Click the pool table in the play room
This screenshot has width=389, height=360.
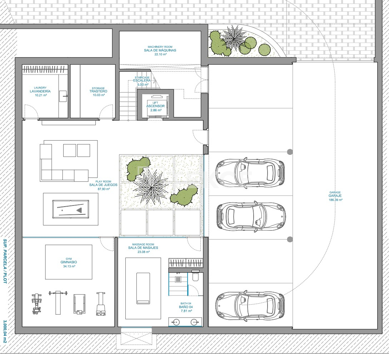[71, 209]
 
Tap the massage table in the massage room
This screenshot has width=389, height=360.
[143, 288]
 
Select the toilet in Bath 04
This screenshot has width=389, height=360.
[195, 276]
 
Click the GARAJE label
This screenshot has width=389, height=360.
[335, 196]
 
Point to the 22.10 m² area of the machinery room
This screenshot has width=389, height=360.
[160, 54]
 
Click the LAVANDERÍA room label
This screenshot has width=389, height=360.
[40, 91]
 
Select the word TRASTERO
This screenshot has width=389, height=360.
[99, 91]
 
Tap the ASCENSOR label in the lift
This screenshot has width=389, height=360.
[155, 106]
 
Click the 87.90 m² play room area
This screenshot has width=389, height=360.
[104, 189]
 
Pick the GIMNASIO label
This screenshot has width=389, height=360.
[69, 262]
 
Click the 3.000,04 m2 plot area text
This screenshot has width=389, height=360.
[5, 331]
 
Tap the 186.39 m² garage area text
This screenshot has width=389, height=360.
[335, 200]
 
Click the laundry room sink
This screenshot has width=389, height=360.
[63, 96]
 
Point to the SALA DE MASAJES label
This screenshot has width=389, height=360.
[143, 248]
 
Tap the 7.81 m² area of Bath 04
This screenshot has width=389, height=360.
[186, 311]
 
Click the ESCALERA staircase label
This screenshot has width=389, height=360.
[142, 81]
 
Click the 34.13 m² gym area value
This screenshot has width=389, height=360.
[69, 267]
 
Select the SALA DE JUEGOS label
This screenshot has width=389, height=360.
[104, 185]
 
